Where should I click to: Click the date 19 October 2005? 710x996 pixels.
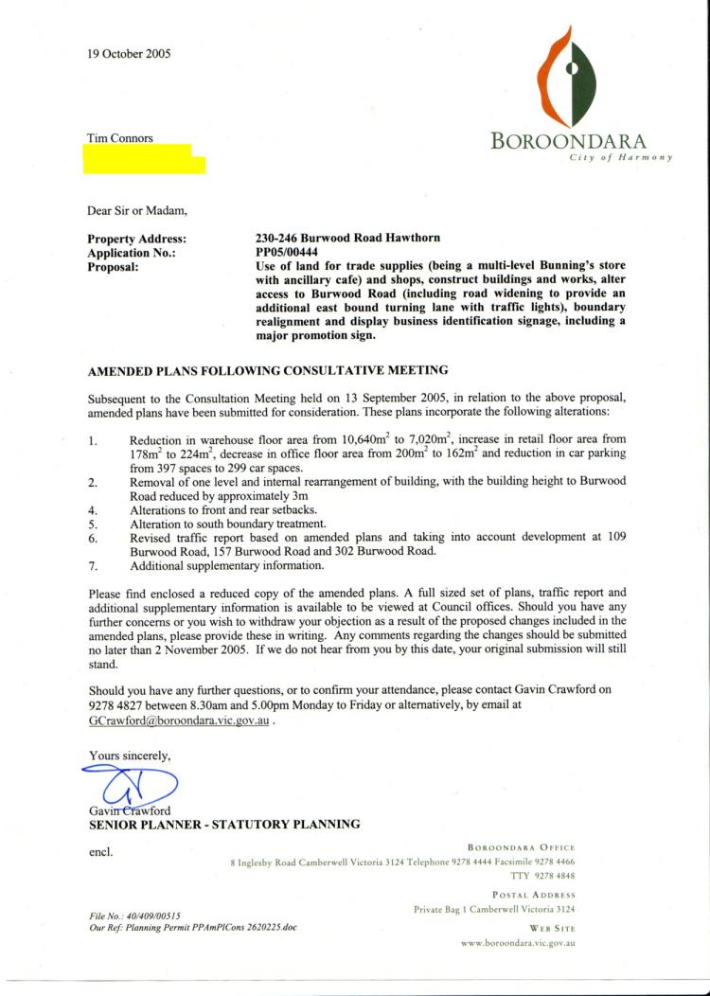click(129, 54)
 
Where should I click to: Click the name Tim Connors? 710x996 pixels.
click(120, 138)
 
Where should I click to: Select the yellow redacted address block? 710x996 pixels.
click(145, 159)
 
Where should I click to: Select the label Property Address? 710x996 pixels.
click(136, 240)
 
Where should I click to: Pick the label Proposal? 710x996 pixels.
click(113, 267)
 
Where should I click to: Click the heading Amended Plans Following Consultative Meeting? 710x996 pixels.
click(268, 369)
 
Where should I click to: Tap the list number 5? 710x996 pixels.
click(92, 523)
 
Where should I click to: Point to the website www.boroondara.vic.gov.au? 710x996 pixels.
click(519, 943)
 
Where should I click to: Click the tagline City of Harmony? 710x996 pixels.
click(620, 157)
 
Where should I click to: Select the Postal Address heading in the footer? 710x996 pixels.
click(534, 895)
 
